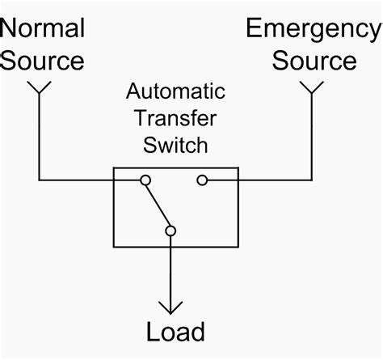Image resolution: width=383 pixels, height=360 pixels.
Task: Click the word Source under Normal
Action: (x=42, y=61)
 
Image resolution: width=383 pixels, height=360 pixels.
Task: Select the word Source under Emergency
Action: (x=314, y=61)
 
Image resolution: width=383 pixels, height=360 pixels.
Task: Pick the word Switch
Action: (x=176, y=146)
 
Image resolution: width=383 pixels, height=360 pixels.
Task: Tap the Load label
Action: (x=175, y=332)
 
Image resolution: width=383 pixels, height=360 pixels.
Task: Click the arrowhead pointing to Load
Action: (x=170, y=307)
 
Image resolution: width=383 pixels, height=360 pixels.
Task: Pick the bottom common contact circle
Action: (x=170, y=231)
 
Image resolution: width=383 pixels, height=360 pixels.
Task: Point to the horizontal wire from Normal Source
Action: (x=77, y=179)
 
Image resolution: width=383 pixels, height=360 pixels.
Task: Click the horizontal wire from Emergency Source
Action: (x=275, y=179)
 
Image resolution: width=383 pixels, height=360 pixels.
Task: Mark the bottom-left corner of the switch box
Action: (x=114, y=246)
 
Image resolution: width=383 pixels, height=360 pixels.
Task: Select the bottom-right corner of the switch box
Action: (x=238, y=246)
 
